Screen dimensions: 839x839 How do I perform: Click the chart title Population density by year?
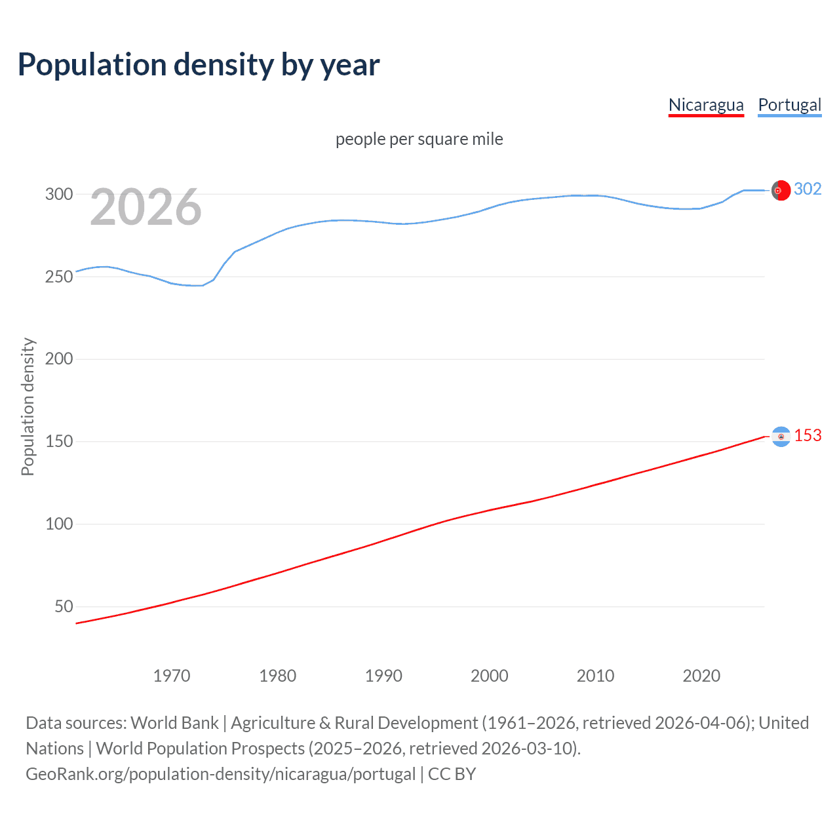click(199, 65)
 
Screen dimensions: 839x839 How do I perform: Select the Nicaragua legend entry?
click(706, 105)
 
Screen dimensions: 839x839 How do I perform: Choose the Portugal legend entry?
click(789, 105)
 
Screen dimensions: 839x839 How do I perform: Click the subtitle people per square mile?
click(419, 139)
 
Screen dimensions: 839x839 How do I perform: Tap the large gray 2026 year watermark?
click(146, 208)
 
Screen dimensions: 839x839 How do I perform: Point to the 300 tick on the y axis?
click(59, 194)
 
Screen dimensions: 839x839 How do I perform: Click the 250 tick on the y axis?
click(59, 277)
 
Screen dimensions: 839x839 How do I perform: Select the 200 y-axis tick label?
click(59, 359)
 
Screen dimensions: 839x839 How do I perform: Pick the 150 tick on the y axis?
click(59, 441)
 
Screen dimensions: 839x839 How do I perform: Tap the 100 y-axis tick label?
click(59, 524)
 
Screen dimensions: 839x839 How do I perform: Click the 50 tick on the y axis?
click(64, 606)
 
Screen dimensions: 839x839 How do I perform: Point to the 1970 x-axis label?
click(172, 676)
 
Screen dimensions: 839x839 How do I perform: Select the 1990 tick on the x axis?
click(383, 676)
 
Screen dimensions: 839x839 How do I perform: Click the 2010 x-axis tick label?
click(595, 676)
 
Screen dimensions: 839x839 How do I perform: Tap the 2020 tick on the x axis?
click(701, 676)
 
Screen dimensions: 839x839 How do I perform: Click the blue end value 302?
click(808, 189)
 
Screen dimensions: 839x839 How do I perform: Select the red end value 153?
click(808, 436)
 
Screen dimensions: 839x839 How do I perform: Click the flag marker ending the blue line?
click(781, 190)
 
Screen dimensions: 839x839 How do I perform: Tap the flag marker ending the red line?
click(781, 437)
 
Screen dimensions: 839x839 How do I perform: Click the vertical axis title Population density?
click(28, 406)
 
